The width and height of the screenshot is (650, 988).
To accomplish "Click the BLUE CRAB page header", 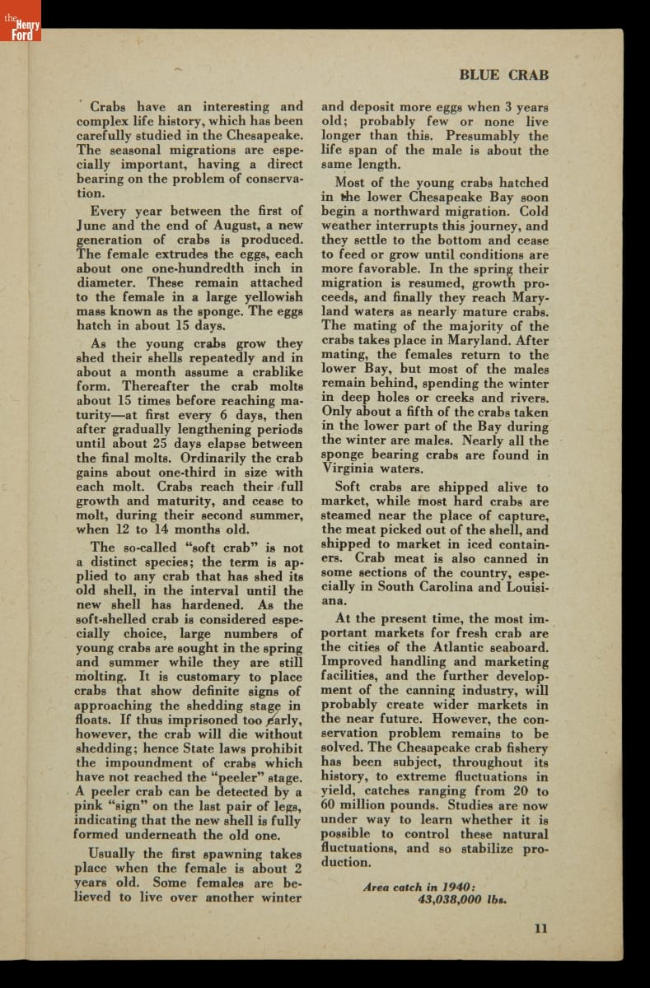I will (503, 75).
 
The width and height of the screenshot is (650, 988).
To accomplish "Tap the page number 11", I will (540, 928).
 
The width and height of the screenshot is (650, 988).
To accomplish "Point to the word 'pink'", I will (90, 806).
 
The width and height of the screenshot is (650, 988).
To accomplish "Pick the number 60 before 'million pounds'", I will (330, 804).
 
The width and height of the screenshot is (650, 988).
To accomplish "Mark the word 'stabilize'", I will (475, 848).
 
